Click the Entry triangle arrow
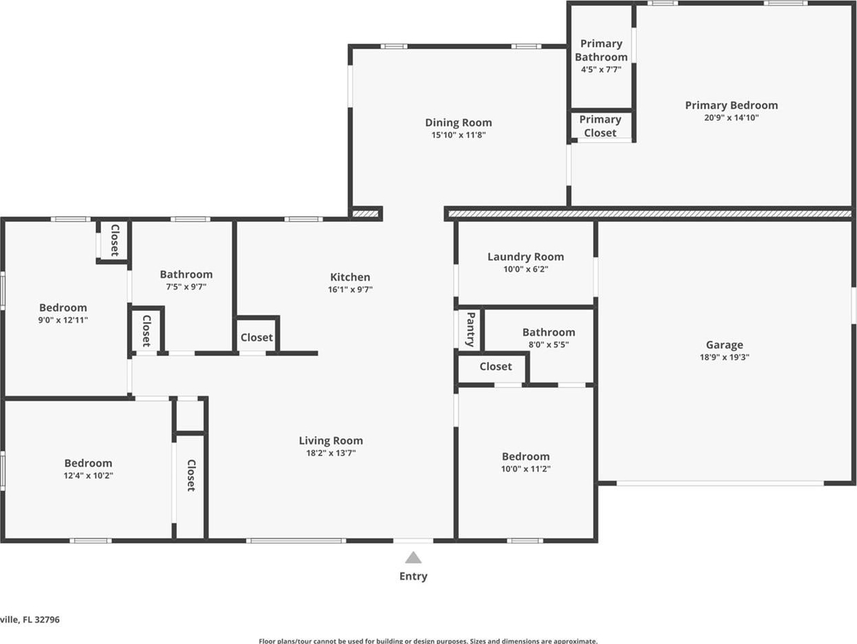click(413, 558)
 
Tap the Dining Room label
click(458, 122)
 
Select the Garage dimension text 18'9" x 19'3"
click(725, 356)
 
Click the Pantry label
click(470, 329)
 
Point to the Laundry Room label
click(526, 257)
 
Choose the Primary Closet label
click(600, 126)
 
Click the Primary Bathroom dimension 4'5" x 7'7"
click(601, 70)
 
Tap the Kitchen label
click(350, 277)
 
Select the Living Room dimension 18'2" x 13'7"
click(331, 453)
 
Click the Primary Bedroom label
click(731, 105)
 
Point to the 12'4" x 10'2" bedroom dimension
click(88, 475)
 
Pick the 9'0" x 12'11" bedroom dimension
click(63, 320)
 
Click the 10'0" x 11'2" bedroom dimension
click(526, 468)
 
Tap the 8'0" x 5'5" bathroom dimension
click(548, 345)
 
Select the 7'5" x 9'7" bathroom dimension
click(186, 287)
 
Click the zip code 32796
click(47, 619)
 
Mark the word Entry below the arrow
click(413, 576)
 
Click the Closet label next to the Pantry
click(496, 367)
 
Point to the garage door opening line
click(720, 484)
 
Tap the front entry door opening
click(413, 541)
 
